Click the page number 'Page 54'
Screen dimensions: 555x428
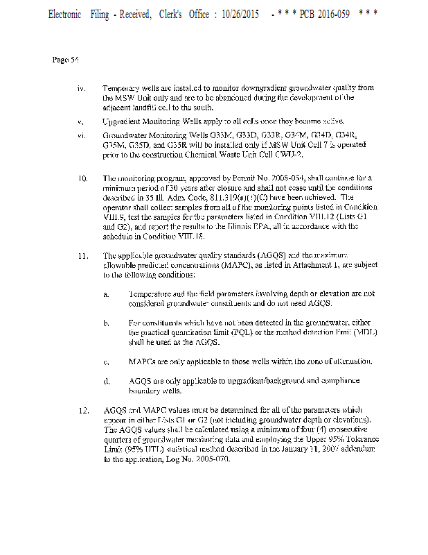tap(65, 60)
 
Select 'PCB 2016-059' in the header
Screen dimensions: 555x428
tap(324, 15)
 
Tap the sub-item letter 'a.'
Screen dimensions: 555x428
tap(106, 294)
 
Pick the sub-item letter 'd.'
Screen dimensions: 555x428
tap(106, 381)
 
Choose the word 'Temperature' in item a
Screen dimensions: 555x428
tap(151, 294)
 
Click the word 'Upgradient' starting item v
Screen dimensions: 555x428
tap(122, 121)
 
